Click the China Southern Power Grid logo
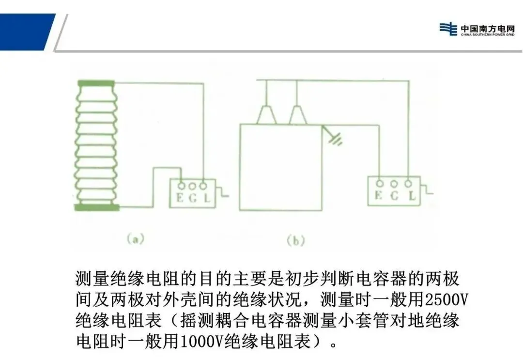pos(477,29)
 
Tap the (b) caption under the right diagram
pos(295,241)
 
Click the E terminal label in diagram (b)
pos(378,196)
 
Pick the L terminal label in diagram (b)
pos(412,196)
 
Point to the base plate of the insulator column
pos(97,208)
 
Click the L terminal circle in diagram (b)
pos(409,183)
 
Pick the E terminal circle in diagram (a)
pos(181,186)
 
